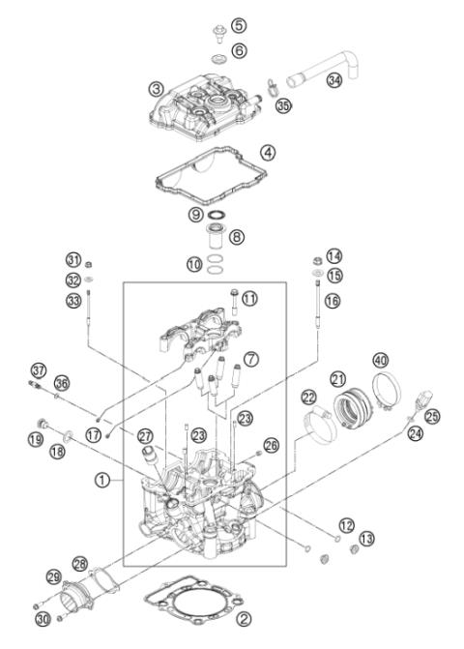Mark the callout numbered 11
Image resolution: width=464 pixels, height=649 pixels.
click(249, 299)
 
